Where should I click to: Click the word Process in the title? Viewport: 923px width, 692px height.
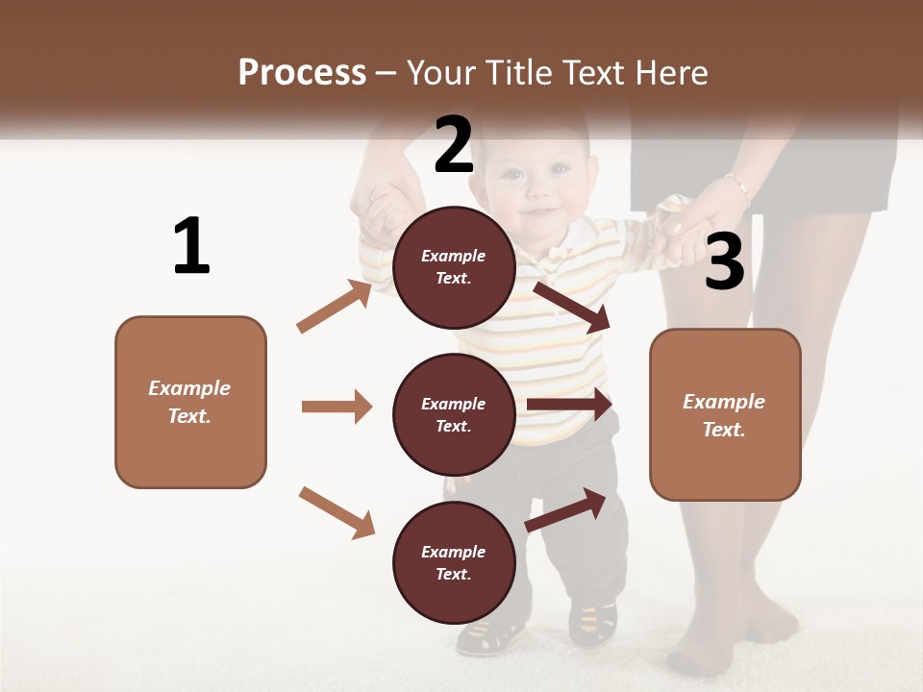pos(302,73)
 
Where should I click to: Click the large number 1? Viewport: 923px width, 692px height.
pos(191,246)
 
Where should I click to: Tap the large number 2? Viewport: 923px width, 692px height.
pos(454,145)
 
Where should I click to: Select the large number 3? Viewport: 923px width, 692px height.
pos(724,261)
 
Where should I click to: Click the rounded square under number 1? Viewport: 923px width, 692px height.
pos(190,402)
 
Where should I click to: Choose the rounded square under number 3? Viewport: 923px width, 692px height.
pos(725,415)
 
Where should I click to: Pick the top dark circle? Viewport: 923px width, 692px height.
pos(454,267)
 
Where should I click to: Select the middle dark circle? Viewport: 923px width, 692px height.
pos(454,414)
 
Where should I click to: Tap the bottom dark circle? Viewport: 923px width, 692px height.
pos(454,562)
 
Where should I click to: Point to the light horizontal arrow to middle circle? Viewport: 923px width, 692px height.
pos(337,407)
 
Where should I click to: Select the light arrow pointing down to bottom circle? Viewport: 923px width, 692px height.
pos(337,512)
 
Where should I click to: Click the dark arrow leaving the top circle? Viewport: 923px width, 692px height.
pos(572,307)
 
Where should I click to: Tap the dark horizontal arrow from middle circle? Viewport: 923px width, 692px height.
pos(569,405)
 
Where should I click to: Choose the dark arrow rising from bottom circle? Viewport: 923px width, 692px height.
pos(565,510)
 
